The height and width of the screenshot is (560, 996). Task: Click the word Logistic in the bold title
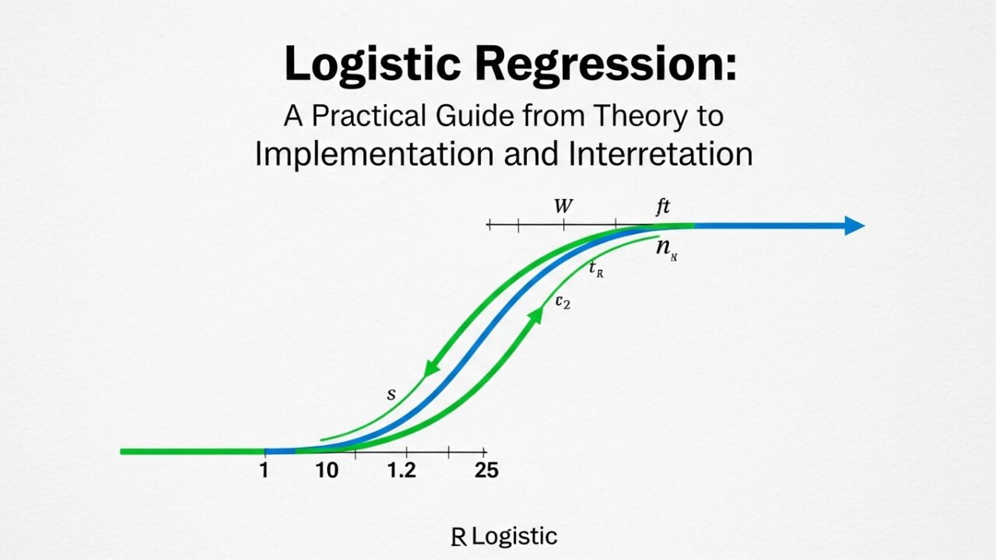point(373,65)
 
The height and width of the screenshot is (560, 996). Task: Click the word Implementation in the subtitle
point(374,154)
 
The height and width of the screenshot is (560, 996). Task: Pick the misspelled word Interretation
point(659,154)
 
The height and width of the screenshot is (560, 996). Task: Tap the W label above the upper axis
point(563,207)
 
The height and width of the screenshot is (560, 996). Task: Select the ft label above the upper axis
point(663,207)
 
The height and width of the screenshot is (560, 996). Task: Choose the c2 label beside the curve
point(563,302)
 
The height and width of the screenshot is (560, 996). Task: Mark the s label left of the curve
point(391,394)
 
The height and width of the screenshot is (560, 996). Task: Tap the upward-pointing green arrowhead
point(536,315)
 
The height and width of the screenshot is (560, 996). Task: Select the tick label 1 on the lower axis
point(264,471)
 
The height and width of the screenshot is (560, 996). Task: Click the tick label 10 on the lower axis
point(327,471)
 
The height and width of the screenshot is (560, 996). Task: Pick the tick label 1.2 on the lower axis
point(402,471)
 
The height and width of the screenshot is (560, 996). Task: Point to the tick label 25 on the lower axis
point(486,471)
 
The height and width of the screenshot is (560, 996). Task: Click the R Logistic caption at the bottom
point(504,537)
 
